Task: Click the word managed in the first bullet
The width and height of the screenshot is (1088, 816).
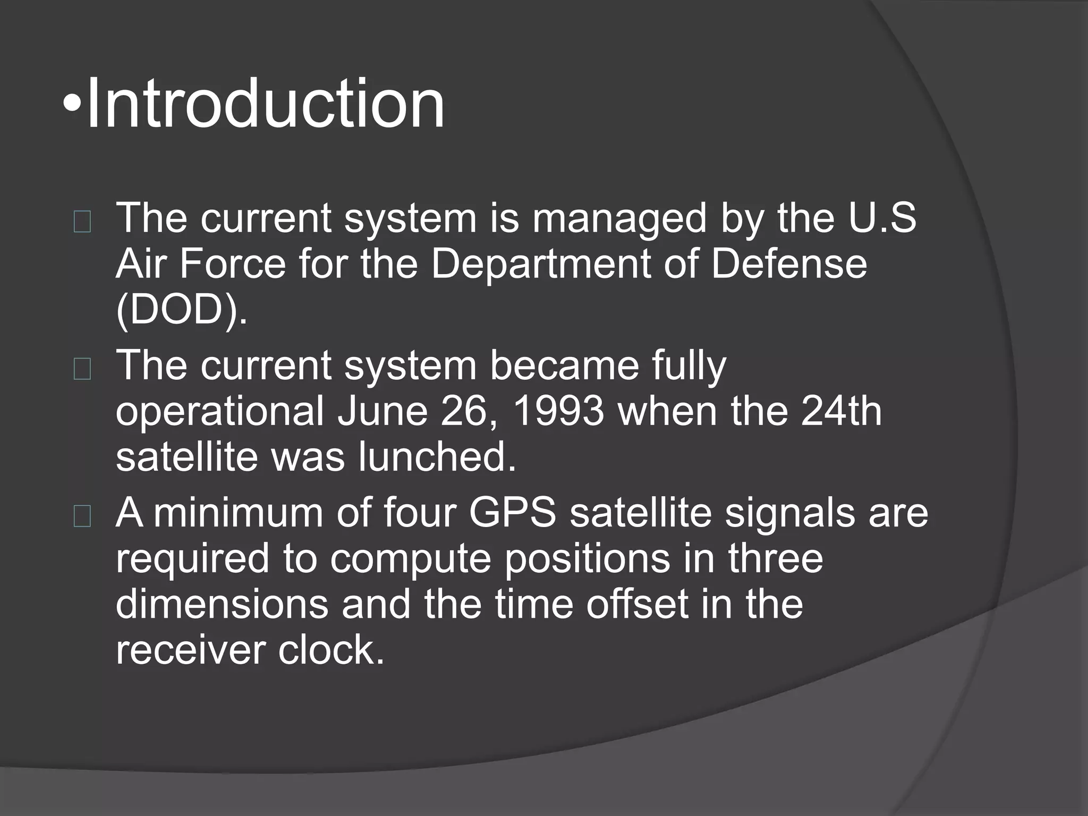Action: coord(619,219)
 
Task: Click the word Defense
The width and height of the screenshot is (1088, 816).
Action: coord(788,264)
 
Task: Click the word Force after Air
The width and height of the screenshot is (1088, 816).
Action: coord(233,264)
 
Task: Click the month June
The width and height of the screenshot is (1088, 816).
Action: coord(382,412)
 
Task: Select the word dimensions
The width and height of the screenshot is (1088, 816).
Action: coord(222,605)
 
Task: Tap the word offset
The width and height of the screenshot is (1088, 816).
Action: coord(637,605)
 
